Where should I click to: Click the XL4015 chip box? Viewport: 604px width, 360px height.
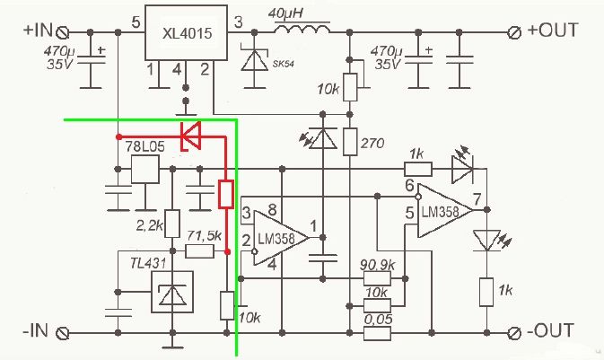click(x=186, y=32)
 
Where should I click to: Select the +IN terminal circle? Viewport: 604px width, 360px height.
click(x=63, y=32)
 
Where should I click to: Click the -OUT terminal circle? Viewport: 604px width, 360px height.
click(x=514, y=333)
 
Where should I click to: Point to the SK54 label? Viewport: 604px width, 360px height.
click(x=283, y=64)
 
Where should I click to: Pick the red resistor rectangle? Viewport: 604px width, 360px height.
click(x=226, y=194)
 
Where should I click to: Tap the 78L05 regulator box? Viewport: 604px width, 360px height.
click(x=145, y=169)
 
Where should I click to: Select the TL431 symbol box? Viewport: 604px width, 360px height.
click(x=172, y=292)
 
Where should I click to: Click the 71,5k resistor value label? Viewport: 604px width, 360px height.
click(x=204, y=235)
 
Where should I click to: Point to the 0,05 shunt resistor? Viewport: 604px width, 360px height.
click(x=378, y=333)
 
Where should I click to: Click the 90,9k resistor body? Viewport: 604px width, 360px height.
click(x=378, y=278)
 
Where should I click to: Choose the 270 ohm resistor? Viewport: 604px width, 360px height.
click(x=350, y=142)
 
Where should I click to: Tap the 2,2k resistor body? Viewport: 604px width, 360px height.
click(x=172, y=224)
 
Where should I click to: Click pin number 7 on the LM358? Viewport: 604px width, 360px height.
click(x=477, y=199)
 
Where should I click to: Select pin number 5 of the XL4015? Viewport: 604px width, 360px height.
click(x=136, y=22)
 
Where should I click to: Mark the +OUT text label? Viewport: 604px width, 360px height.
click(x=553, y=30)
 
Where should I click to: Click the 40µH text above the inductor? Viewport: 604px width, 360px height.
click(x=285, y=13)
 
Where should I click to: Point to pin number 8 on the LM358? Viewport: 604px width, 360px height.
click(x=272, y=210)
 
